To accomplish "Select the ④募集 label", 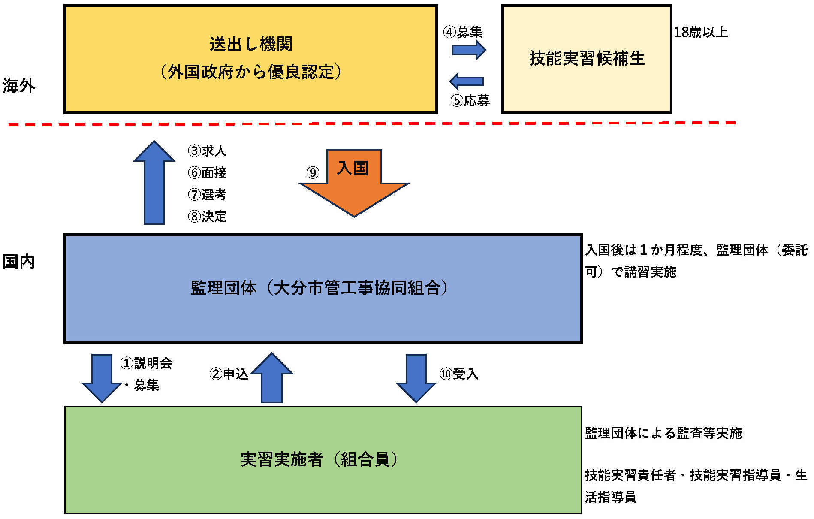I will tap(463, 32).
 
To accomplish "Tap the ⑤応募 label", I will tap(470, 101).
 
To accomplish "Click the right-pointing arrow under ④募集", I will tap(469, 50).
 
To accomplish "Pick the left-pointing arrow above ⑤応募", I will tap(466, 81).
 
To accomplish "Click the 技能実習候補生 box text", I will tap(587, 59).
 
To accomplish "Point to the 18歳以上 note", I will tap(701, 32).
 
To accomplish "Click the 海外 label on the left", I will tap(18, 86).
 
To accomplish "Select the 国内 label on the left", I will tap(18, 262).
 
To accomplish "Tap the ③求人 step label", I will tap(207, 151).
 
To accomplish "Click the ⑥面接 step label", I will tap(207, 173).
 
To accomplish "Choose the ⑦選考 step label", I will tap(207, 195).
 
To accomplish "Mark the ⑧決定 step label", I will tap(207, 217).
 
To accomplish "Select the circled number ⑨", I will tap(313, 173).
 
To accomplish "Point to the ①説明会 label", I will tap(146, 363).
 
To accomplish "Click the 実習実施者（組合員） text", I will tap(319, 460).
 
